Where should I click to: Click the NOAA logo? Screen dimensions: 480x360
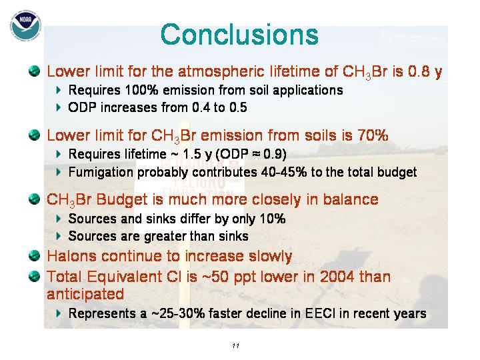pyautogui.click(x=26, y=25)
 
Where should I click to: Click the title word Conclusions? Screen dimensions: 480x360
pyautogui.click(x=239, y=34)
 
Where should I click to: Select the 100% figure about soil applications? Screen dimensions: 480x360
pyautogui.click(x=141, y=90)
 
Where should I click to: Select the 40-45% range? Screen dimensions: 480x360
pyautogui.click(x=284, y=172)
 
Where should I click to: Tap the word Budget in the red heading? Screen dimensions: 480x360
pyautogui.click(x=122, y=199)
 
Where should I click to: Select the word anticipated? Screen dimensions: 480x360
pyautogui.click(x=85, y=294)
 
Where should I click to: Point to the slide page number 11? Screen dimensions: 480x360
pyautogui.click(x=235, y=346)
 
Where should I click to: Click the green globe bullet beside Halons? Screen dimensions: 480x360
pyautogui.click(x=34, y=255)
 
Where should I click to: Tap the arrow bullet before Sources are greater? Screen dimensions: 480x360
pyautogui.click(x=59, y=236)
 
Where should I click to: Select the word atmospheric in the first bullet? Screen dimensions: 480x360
pyautogui.click(x=221, y=71)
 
